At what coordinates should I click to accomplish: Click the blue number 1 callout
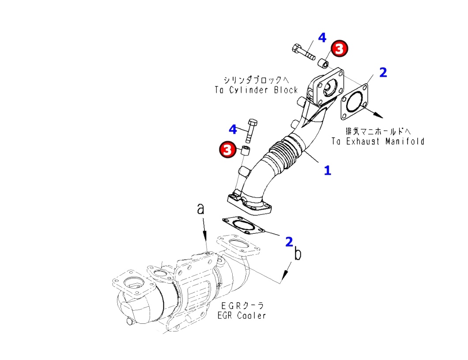pos(327,170)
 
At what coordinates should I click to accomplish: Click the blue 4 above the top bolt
pos(322,37)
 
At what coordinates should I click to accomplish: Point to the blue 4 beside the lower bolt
pos(233,129)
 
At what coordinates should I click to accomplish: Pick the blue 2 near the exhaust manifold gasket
pos(383,72)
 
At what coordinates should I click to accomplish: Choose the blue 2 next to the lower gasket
pos(289,241)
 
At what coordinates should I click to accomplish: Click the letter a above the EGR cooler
pos(201,210)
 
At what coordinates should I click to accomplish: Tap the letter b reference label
pos(298,255)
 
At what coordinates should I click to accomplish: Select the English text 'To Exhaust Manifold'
pos(378,141)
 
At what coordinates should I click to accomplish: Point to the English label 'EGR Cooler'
pos(242,315)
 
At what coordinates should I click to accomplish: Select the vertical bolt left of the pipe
pos(252,131)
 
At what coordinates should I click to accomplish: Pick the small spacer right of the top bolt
pos(324,63)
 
